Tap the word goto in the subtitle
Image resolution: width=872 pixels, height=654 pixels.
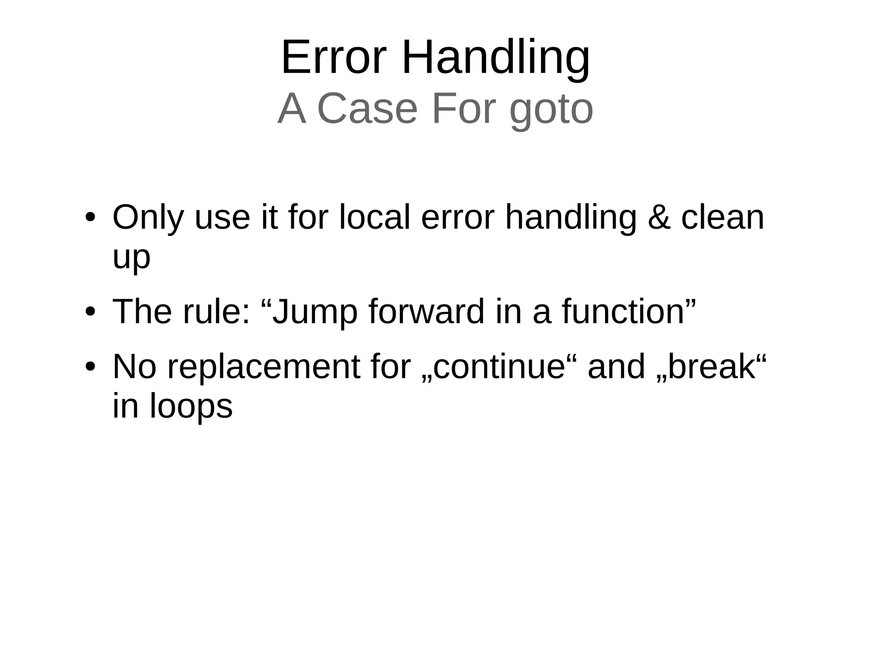point(551,109)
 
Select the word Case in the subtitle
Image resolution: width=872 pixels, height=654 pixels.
point(367,109)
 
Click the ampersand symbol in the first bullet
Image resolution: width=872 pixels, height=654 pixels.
point(658,217)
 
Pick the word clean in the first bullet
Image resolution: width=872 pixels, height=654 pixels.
point(723,217)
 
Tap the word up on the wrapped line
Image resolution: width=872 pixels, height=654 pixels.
point(131,258)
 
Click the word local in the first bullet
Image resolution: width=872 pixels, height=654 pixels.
point(374,217)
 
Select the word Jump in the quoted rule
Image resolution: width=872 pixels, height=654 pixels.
point(315,312)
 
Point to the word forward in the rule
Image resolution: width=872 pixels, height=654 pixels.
point(426,311)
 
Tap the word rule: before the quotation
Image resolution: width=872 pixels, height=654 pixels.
point(217,311)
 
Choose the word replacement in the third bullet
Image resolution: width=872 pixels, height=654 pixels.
point(264,367)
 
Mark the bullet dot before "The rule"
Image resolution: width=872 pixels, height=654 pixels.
point(90,312)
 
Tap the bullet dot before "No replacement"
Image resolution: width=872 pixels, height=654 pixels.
point(90,367)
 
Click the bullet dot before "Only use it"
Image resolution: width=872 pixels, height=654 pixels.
point(90,218)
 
